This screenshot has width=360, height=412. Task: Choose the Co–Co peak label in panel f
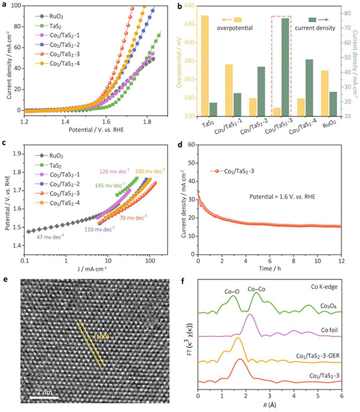[x=257, y=288]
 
